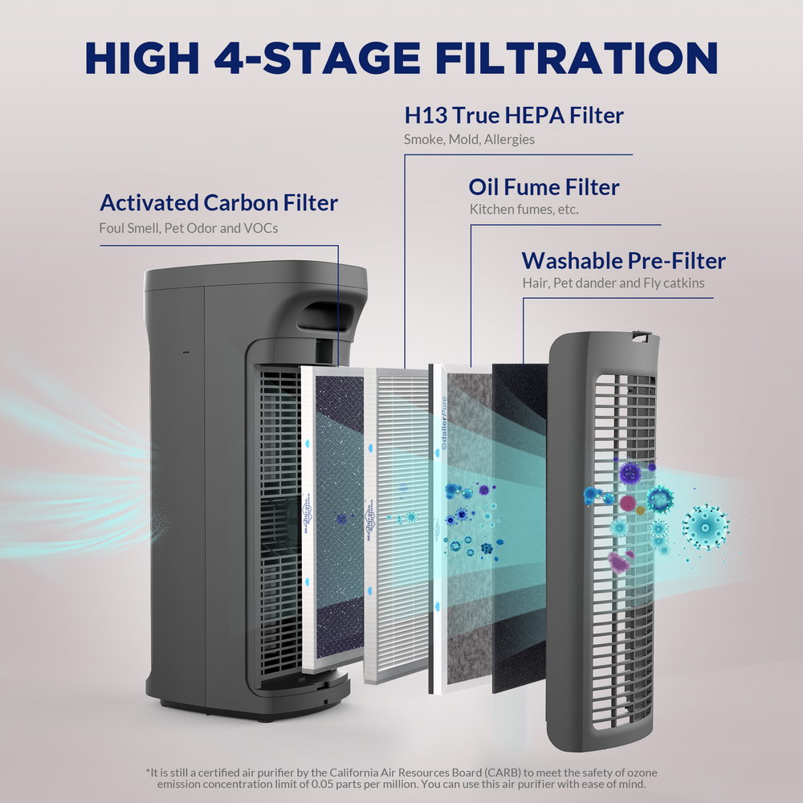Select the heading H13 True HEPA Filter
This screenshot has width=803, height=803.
click(x=514, y=116)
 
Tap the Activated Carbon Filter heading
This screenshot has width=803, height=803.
click(x=218, y=202)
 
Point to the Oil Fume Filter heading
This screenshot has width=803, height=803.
click(x=544, y=188)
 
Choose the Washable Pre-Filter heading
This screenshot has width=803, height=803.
click(x=623, y=261)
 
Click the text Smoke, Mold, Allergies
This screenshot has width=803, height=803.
click(x=469, y=140)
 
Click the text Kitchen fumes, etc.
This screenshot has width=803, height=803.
click(x=524, y=210)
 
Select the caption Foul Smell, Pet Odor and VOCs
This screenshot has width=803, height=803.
click(x=189, y=228)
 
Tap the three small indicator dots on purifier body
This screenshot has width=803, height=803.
click(x=185, y=352)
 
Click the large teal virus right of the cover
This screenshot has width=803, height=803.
click(x=705, y=526)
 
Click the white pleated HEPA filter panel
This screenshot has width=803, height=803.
click(x=397, y=522)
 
